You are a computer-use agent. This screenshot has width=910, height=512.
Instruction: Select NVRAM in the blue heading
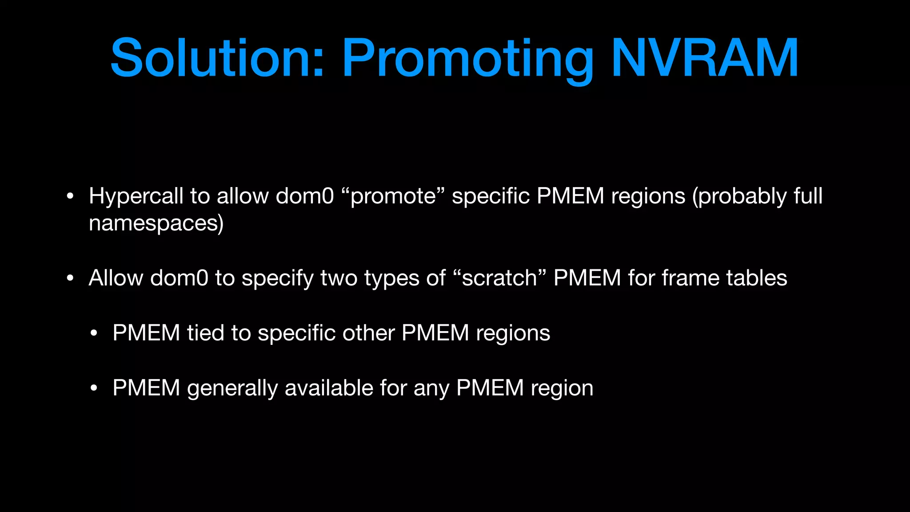(x=705, y=58)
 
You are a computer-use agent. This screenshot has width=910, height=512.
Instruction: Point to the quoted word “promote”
(x=393, y=196)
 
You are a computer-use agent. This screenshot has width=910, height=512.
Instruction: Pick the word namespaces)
(x=156, y=223)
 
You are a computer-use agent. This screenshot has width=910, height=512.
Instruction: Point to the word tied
(x=205, y=333)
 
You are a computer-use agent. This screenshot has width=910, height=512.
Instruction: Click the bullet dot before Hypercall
(x=70, y=196)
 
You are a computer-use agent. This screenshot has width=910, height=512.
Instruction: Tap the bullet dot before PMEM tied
(x=93, y=333)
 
